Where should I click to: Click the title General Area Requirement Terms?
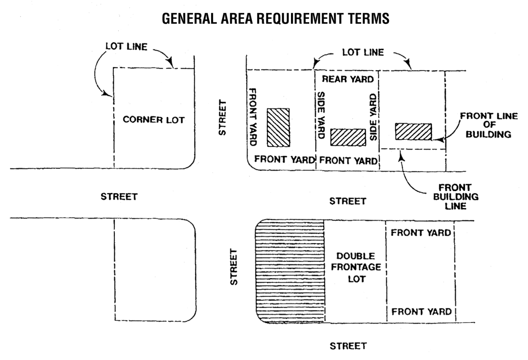[x=276, y=19]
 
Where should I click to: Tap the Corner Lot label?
[x=154, y=120]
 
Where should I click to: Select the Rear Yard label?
[x=348, y=79]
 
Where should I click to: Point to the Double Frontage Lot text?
[x=354, y=268]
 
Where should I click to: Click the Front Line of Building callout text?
[x=488, y=125]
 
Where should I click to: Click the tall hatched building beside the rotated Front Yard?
[x=278, y=127]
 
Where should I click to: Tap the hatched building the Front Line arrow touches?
[x=414, y=131]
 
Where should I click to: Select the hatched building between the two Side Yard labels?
[x=348, y=137]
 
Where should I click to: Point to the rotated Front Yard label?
[x=254, y=117]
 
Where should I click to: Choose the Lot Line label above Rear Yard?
[x=363, y=53]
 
